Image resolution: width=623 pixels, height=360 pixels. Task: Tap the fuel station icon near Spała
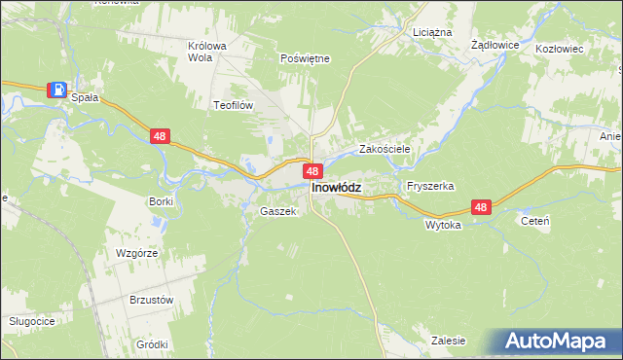[x=57, y=90]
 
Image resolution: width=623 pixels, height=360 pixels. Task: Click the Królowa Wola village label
[x=206, y=51]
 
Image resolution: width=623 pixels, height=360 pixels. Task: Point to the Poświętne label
[x=305, y=58]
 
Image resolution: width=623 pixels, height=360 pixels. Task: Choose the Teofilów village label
[x=234, y=104]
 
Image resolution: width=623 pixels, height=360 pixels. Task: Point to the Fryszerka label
[x=431, y=185]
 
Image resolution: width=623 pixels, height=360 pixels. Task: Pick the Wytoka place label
[x=442, y=224]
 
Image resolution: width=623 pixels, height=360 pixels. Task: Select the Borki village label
[x=161, y=201]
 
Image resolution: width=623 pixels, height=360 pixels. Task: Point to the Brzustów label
[x=151, y=300]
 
